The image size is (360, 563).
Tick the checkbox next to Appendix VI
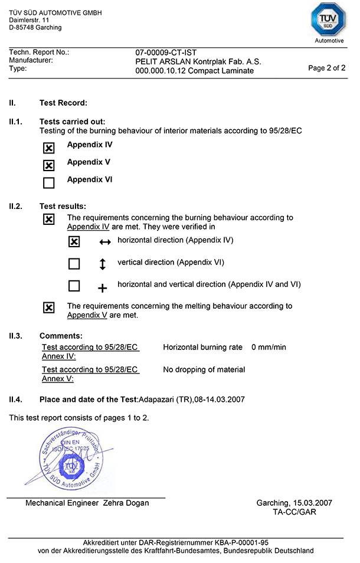tap(49, 183)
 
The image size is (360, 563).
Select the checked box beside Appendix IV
tap(49, 148)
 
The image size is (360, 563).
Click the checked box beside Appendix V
tap(49, 165)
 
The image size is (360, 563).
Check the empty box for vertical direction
tap(74, 264)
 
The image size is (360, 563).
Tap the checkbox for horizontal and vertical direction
tap(74, 286)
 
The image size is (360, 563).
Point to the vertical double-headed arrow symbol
tap(103, 264)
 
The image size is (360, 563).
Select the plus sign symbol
tap(103, 288)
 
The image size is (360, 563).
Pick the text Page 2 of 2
tap(327, 68)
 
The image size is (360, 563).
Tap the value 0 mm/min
tap(269, 347)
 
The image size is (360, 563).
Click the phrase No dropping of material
tap(204, 369)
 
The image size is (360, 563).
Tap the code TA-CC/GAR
tap(294, 512)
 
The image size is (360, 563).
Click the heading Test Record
tap(63, 103)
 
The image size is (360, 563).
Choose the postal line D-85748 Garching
tap(35, 27)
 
